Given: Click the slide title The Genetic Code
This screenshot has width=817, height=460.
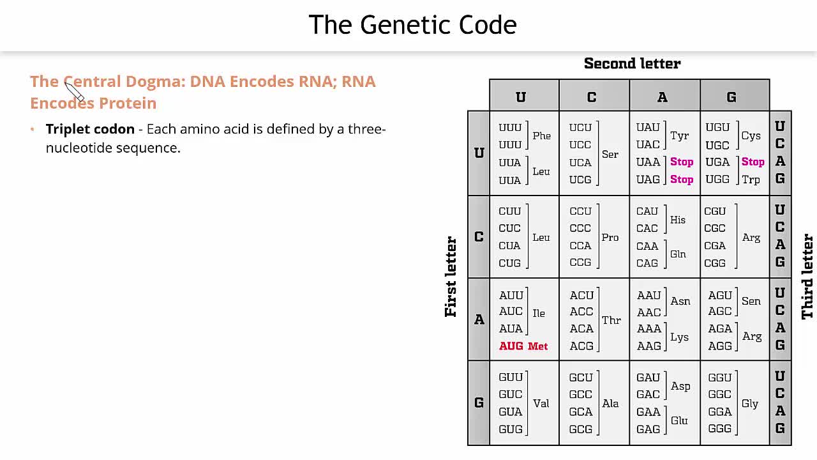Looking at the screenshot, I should click(x=412, y=25).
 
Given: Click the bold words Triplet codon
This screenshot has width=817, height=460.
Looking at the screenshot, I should click(x=90, y=129).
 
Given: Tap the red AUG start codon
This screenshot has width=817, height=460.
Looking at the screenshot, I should click(x=511, y=346).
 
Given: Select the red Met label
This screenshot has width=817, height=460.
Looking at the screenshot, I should click(x=537, y=346).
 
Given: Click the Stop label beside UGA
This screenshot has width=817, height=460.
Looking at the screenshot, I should click(x=753, y=162).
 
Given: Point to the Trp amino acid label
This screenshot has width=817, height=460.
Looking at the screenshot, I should click(x=751, y=180).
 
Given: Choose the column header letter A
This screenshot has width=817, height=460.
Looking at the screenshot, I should click(x=662, y=97).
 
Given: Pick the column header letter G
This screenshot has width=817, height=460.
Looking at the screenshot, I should click(x=731, y=97).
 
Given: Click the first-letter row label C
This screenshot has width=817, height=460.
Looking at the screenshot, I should click(x=479, y=236).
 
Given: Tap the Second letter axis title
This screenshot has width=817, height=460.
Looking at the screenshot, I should click(x=632, y=63).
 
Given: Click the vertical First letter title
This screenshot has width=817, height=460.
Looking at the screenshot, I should click(x=451, y=277).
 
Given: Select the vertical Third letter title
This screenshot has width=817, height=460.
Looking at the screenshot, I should click(x=807, y=277).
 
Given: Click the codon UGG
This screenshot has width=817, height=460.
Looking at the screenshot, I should click(x=717, y=180).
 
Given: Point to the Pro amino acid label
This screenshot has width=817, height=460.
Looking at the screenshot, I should click(x=610, y=237).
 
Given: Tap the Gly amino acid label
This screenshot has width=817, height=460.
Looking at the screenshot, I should click(x=750, y=403).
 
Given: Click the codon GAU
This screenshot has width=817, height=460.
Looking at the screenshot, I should click(x=648, y=377).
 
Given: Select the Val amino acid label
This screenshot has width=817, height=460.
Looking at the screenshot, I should click(x=541, y=403).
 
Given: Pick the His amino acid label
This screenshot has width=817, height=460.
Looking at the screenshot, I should click(x=677, y=220).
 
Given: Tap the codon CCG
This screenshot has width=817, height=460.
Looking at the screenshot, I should click(x=580, y=263).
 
